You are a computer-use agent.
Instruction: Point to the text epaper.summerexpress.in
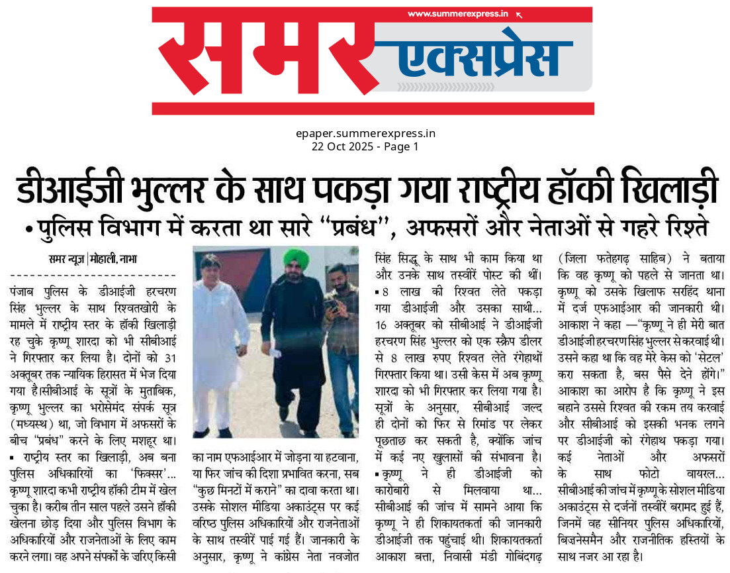click(365, 133)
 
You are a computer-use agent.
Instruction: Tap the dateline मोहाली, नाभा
click(118, 259)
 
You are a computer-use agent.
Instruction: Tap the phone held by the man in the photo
click(331, 305)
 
